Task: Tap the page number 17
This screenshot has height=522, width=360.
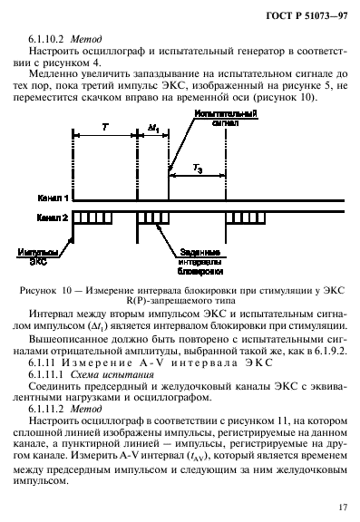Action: point(341,507)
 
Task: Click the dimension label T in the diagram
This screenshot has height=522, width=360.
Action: point(104,129)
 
